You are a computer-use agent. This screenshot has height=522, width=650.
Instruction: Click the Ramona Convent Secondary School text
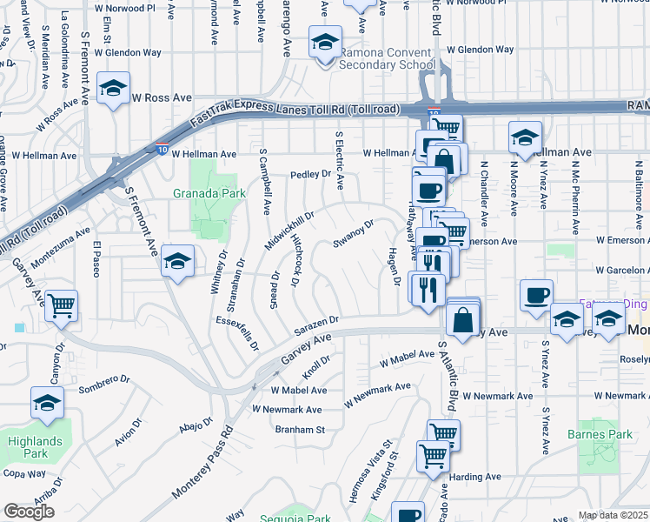[387, 58]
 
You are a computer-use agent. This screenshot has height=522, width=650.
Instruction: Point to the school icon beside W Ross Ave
[113, 89]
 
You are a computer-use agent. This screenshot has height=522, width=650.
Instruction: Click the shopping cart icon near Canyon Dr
[61, 305]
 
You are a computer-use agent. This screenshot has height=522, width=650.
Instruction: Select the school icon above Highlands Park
[47, 402]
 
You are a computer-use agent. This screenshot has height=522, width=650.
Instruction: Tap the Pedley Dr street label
[311, 174]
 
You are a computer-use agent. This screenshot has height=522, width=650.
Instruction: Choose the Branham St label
[299, 429]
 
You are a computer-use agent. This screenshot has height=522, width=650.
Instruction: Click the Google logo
[29, 511]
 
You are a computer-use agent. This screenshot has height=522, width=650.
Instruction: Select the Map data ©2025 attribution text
[612, 515]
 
